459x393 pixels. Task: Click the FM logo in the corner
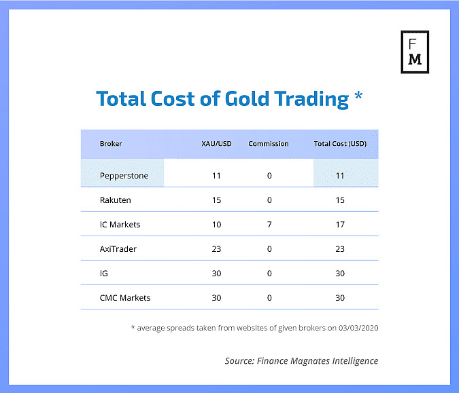tap(415, 52)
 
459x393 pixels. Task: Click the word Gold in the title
tap(247, 98)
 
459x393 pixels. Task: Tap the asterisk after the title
tap(358, 96)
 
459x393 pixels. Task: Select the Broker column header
tap(111, 144)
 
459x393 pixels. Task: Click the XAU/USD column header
tap(216, 144)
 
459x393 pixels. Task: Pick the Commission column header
tap(269, 144)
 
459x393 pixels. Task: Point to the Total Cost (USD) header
tap(340, 144)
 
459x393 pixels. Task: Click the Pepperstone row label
tap(124, 176)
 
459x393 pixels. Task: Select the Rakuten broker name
tap(116, 200)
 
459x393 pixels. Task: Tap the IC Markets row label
tap(120, 225)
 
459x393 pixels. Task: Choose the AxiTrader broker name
tap(118, 249)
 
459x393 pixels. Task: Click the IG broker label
tap(103, 274)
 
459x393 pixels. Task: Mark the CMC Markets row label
tap(125, 298)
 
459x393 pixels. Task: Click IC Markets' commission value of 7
tap(269, 225)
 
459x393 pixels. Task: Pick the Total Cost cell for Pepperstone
tap(340, 176)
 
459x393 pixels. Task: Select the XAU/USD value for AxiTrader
tap(216, 249)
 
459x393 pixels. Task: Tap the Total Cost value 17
tap(340, 225)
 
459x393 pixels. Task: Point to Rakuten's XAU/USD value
tap(216, 200)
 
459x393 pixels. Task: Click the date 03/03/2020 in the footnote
tap(358, 328)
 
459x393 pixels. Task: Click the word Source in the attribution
tap(240, 361)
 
